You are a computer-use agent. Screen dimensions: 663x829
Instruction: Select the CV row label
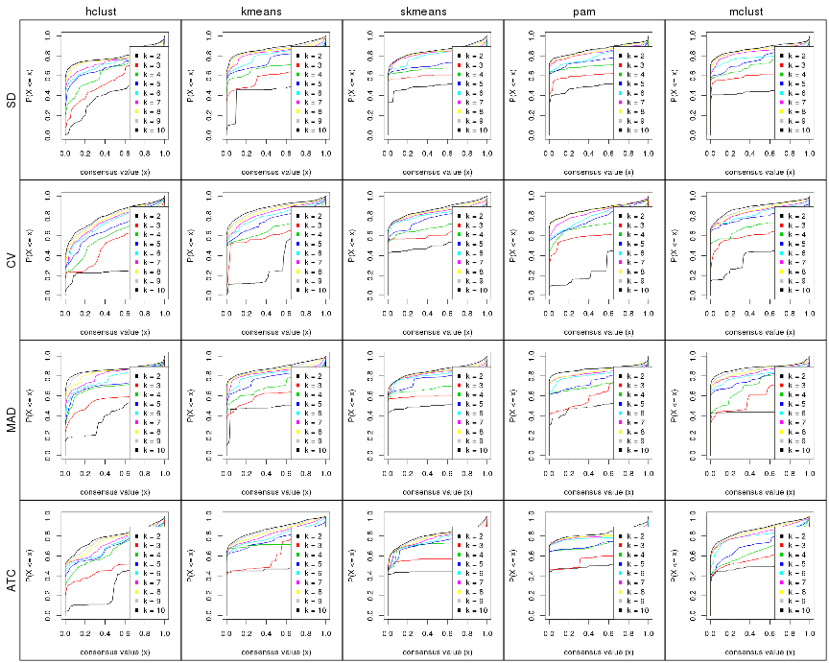pos(10,260)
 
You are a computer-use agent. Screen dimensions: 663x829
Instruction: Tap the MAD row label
pos(10,420)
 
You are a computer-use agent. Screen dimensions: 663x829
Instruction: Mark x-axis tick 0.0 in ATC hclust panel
pos(66,636)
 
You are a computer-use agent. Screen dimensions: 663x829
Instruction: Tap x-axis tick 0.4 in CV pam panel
pos(588,314)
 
